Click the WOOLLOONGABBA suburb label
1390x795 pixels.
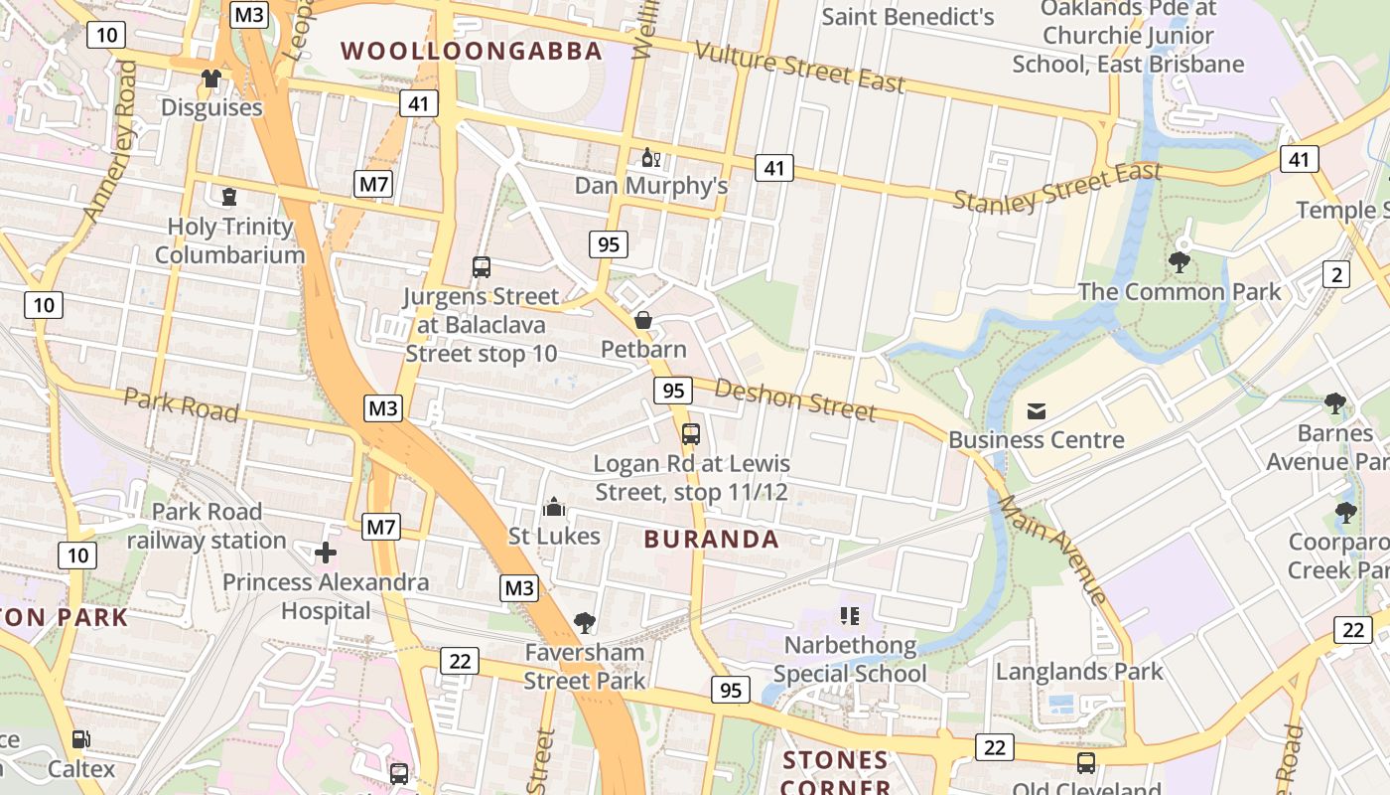click(x=472, y=51)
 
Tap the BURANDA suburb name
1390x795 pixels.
click(x=711, y=540)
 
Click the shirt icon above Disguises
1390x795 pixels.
click(x=210, y=79)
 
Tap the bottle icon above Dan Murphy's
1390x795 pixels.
click(x=650, y=157)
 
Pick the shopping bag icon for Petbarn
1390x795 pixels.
click(x=643, y=320)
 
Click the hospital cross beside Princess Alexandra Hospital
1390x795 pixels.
click(x=326, y=553)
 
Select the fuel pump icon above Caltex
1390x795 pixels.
click(x=80, y=739)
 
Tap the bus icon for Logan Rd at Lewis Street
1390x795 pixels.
click(x=691, y=434)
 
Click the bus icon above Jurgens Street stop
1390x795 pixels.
click(x=482, y=266)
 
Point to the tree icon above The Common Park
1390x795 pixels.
click(x=1180, y=262)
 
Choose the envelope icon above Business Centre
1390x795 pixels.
click(x=1037, y=410)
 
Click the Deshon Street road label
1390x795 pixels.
click(x=795, y=399)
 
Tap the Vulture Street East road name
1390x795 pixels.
click(x=799, y=67)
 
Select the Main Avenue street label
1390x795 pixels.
click(x=1052, y=547)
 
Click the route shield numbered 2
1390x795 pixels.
click(x=1336, y=274)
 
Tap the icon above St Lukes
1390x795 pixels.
click(x=554, y=508)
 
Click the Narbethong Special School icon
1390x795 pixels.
click(x=849, y=616)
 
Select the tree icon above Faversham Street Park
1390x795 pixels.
click(x=585, y=623)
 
